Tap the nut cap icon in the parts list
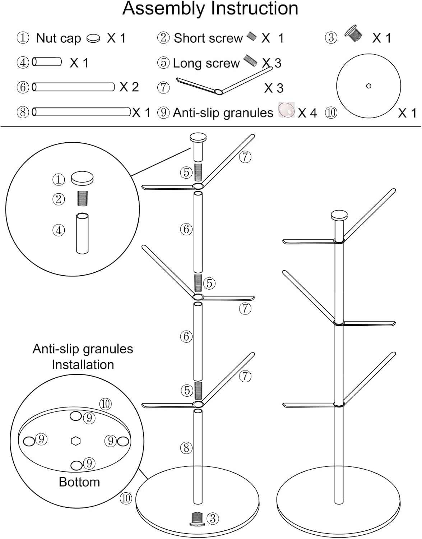(x=93, y=38)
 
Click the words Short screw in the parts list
(x=208, y=38)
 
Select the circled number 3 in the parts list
(x=331, y=38)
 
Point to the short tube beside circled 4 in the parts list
(x=47, y=62)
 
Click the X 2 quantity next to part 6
(x=129, y=87)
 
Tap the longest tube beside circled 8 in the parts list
(x=82, y=112)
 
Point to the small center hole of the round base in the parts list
(x=368, y=86)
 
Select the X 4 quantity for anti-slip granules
(x=307, y=113)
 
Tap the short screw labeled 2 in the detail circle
(x=83, y=198)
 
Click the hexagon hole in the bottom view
(x=75, y=441)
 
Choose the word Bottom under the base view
(x=79, y=482)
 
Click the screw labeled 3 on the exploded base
(x=198, y=518)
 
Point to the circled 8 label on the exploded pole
(x=186, y=448)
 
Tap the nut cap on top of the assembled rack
(x=339, y=216)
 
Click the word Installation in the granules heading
(x=83, y=364)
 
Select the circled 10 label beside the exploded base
(x=126, y=498)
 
